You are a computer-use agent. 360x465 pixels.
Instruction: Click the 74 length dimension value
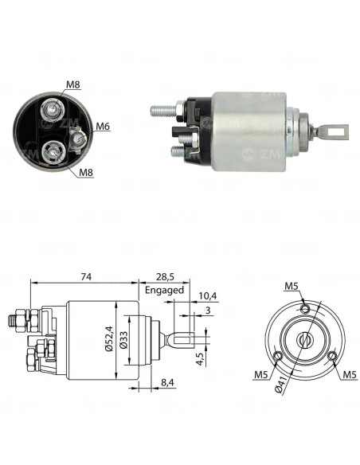[86, 276]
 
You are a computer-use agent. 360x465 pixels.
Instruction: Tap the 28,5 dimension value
[165, 277]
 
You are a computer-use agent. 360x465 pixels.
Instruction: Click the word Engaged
[164, 290]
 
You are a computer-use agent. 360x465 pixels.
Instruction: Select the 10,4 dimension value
[208, 295]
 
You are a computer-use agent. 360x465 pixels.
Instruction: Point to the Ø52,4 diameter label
[109, 338]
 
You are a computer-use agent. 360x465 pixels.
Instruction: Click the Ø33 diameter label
[124, 340]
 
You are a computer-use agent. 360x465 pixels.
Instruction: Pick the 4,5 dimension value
[201, 358]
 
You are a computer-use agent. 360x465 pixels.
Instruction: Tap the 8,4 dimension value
[167, 382]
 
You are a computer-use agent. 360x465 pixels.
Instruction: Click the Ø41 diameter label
[280, 385]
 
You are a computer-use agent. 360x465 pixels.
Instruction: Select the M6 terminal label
[103, 127]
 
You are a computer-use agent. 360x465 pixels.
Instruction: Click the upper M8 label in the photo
[73, 84]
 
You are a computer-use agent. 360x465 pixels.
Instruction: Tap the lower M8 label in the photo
[86, 172]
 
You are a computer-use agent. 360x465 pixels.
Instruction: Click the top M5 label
[292, 286]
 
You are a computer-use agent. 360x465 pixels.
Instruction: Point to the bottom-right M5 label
[350, 374]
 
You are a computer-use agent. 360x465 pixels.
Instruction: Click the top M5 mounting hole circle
[305, 309]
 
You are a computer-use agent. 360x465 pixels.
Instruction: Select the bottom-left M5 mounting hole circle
[278, 356]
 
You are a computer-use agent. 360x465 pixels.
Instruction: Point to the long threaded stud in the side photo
[164, 111]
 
